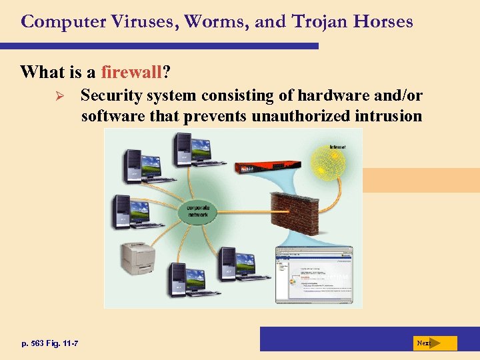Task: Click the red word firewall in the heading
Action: point(132,71)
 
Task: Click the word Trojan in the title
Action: point(321,21)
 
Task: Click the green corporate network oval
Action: point(198,211)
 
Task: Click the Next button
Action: point(433,343)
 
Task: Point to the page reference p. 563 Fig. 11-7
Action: point(49,343)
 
